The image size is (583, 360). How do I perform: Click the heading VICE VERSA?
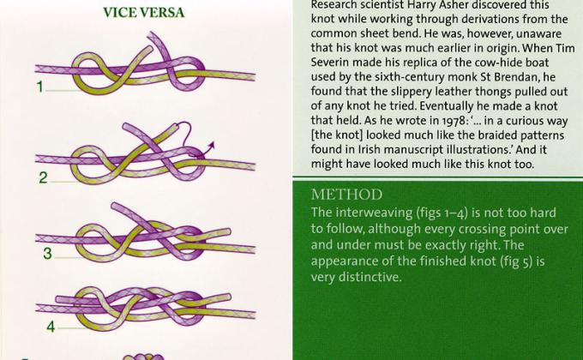click(143, 12)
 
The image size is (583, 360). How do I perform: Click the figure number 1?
click(39, 87)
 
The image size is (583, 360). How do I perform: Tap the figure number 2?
click(43, 178)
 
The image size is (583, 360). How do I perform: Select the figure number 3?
click(48, 254)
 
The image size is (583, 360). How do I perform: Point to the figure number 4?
click(51, 327)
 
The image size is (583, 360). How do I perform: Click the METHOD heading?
click(347, 195)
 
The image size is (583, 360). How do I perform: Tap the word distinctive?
click(365, 276)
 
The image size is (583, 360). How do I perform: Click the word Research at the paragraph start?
click(336, 5)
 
